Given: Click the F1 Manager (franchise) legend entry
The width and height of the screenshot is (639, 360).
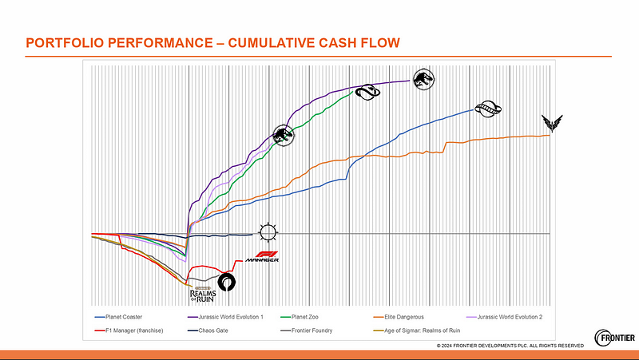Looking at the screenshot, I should pyautogui.click(x=131, y=329).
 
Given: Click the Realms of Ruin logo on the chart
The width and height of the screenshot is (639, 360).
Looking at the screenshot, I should pyautogui.click(x=198, y=292).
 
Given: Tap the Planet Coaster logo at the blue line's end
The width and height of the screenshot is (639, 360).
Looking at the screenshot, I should pyautogui.click(x=485, y=109).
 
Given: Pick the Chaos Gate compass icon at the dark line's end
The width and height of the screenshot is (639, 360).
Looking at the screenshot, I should pyautogui.click(x=266, y=233).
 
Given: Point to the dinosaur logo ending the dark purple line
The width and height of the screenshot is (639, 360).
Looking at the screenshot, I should pyautogui.click(x=423, y=77).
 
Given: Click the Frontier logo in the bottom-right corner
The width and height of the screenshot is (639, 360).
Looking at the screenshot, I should pyautogui.click(x=615, y=337).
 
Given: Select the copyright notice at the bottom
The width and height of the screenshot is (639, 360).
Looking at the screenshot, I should pyautogui.click(x=510, y=345).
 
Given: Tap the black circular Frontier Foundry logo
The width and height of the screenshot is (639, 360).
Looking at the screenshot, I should pyautogui.click(x=227, y=281).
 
